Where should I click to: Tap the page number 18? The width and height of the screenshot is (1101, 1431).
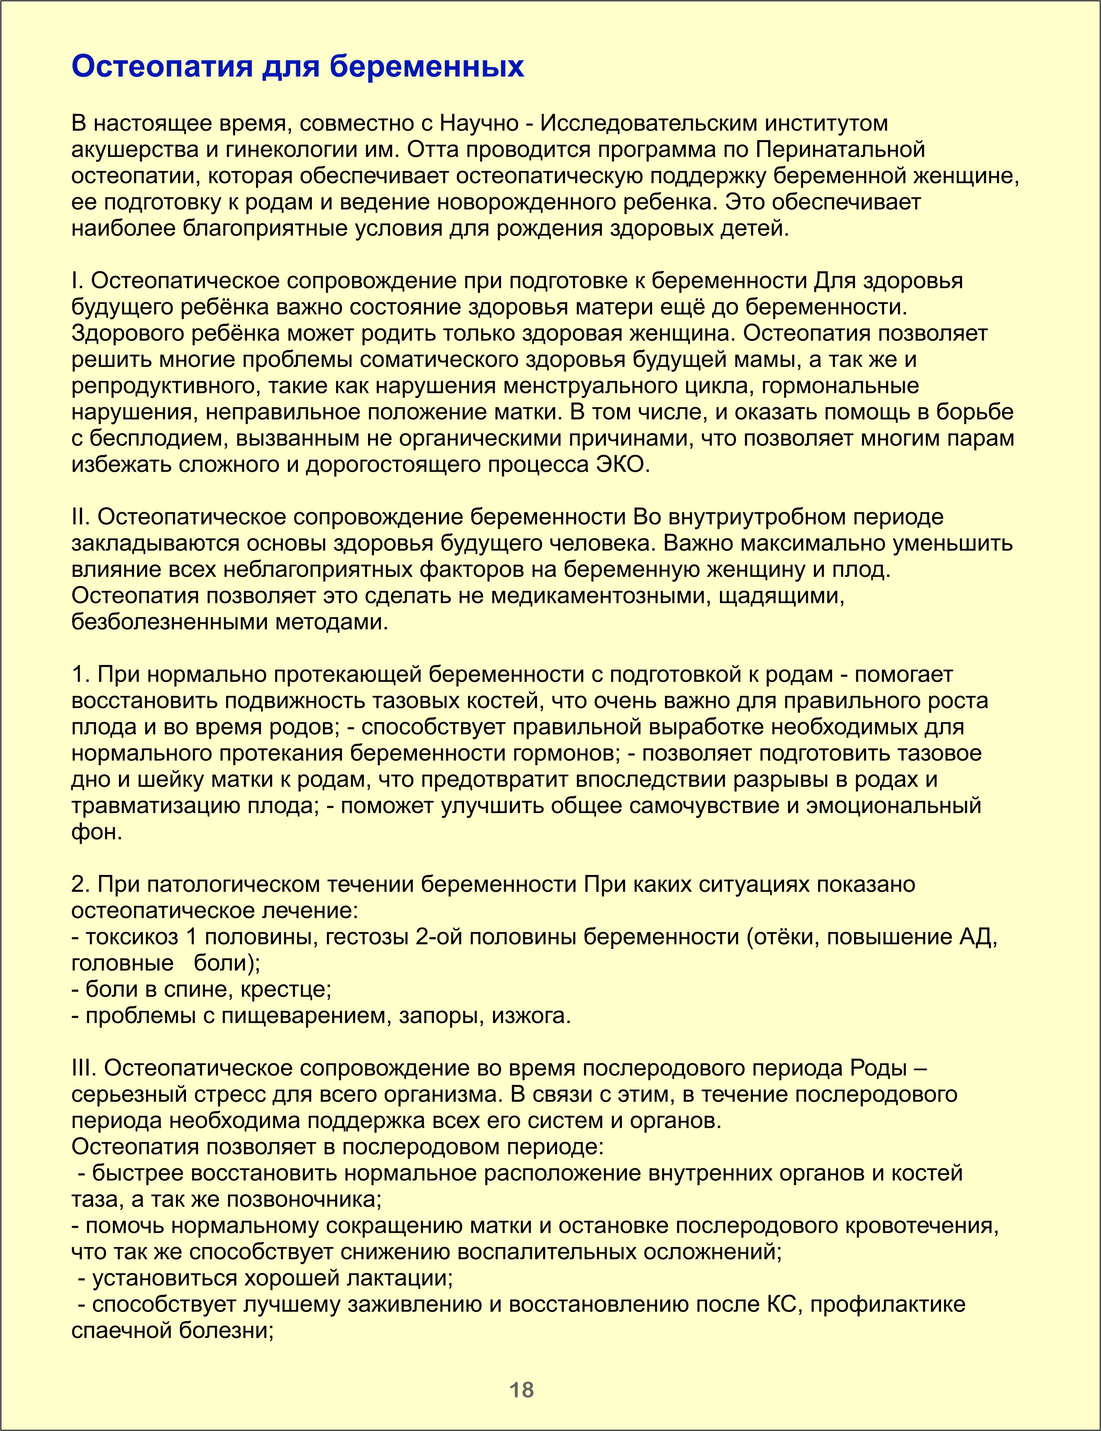(522, 1389)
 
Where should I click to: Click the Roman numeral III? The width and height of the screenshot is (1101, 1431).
(84, 1068)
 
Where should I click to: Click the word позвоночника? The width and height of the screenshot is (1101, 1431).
(304, 1199)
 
